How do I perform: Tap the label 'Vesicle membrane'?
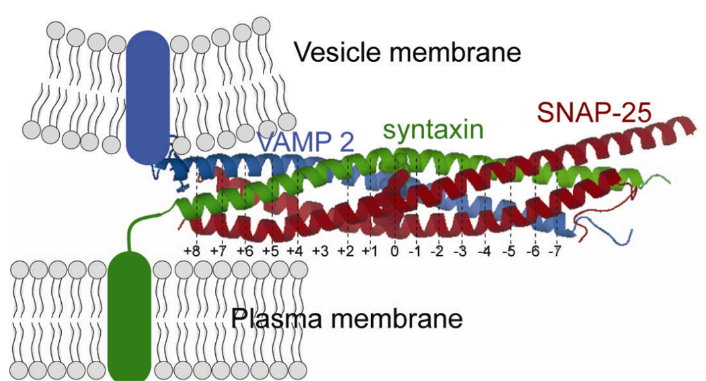pyautogui.click(x=408, y=51)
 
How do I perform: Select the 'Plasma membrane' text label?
pyautogui.click(x=346, y=317)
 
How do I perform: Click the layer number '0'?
pyautogui.click(x=395, y=251)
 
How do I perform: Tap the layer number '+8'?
pyautogui.click(x=193, y=251)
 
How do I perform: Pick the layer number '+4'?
pyautogui.click(x=295, y=251)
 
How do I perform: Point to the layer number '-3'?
pyautogui.click(x=461, y=251)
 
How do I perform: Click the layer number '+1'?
pyautogui.click(x=369, y=251)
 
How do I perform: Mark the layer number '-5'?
pyautogui.click(x=509, y=251)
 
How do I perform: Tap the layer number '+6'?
pyautogui.click(x=244, y=251)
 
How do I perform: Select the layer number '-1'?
pyautogui.click(x=416, y=251)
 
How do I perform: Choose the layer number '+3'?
pyautogui.click(x=320, y=251)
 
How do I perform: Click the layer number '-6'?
pyautogui.click(x=533, y=251)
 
